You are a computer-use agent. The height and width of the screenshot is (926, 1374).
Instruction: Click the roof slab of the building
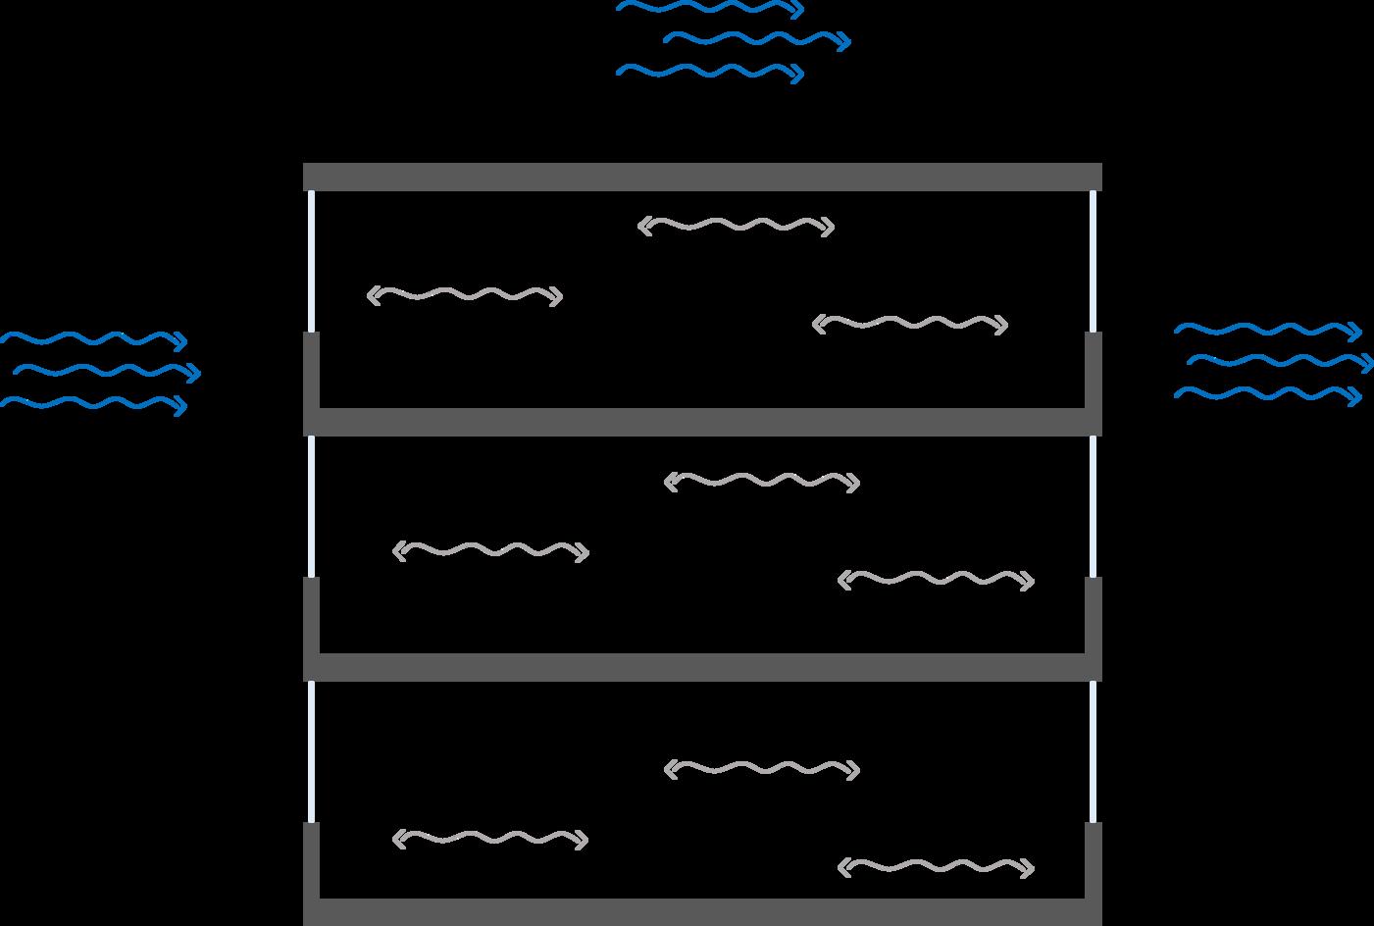pyautogui.click(x=702, y=177)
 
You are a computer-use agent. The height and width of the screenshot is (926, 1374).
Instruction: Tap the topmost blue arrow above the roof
pyautogui.click(x=708, y=9)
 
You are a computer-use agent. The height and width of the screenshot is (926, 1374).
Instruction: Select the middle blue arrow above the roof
pyautogui.click(x=756, y=40)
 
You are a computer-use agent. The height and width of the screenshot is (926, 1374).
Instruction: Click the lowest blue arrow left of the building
pyautogui.click(x=93, y=403)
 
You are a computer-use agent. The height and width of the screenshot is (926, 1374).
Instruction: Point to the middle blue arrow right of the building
pyautogui.click(x=1279, y=362)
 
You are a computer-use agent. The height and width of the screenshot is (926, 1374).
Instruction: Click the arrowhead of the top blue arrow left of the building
pyautogui.click(x=180, y=340)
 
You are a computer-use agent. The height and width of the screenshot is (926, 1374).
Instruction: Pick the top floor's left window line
pyautogui.click(x=312, y=261)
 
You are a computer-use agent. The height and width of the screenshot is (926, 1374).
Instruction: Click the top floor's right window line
pyautogui.click(x=1094, y=261)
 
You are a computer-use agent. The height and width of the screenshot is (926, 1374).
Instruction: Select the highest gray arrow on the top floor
pyautogui.click(x=736, y=227)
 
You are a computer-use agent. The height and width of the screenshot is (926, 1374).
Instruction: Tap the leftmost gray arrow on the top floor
pyautogui.click(x=464, y=295)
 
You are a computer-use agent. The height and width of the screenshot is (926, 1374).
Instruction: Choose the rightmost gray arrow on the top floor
pyautogui.click(x=910, y=324)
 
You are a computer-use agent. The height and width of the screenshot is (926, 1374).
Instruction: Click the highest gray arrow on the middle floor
pyautogui.click(x=762, y=482)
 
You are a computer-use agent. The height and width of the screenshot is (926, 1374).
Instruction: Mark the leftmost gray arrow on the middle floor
pyautogui.click(x=490, y=551)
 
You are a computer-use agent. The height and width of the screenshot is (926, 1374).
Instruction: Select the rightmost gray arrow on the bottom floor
pyautogui.click(x=937, y=867)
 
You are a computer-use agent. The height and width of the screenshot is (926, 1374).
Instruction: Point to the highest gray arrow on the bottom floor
pyautogui.click(x=762, y=770)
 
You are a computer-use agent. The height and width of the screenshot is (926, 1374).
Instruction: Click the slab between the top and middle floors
pyautogui.click(x=702, y=422)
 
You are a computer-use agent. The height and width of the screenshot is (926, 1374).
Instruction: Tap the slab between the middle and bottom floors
pyautogui.click(x=702, y=667)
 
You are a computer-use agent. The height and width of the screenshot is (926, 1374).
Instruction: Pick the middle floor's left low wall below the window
pyautogui.click(x=312, y=615)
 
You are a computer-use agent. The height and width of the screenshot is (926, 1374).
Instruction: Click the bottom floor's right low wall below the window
pyautogui.click(x=1094, y=860)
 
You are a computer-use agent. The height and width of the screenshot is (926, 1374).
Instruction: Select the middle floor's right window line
pyautogui.click(x=1094, y=506)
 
